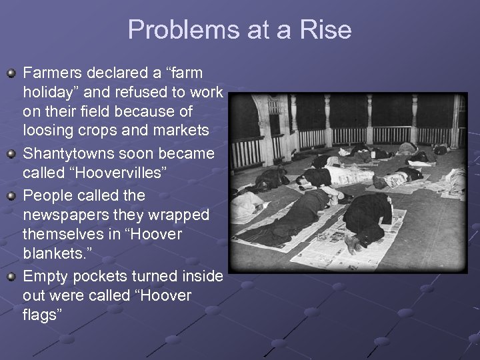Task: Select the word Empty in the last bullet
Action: [44, 276]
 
